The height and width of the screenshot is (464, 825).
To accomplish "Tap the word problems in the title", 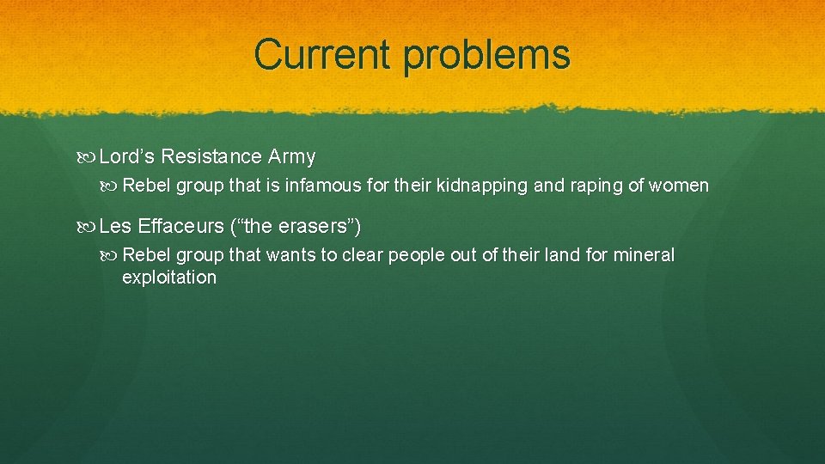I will pyautogui.click(x=486, y=56).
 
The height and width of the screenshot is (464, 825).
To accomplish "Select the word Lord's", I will pyautogui.click(x=126, y=156).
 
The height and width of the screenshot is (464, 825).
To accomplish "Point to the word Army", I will pyautogui.click(x=292, y=157).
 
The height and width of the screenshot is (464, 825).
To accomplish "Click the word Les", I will pyautogui.click(x=114, y=227).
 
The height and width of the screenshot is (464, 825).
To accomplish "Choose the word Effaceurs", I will pyautogui.click(x=179, y=227).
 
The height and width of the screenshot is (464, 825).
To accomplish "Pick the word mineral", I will pyautogui.click(x=644, y=255).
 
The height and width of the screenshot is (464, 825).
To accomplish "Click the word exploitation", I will pyautogui.click(x=169, y=278).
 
